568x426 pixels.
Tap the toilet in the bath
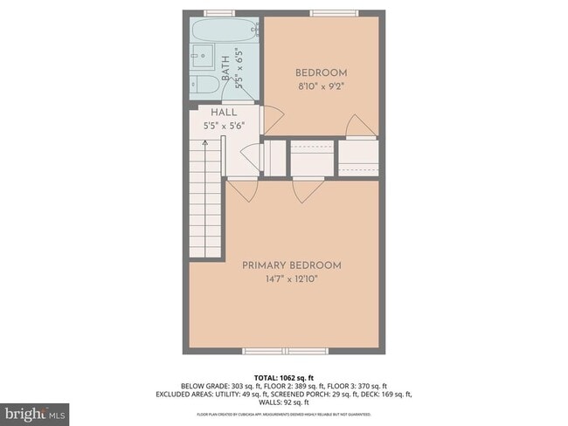[x=206, y=84]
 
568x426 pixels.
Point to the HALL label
[x=224, y=113]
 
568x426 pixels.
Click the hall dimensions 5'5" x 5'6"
[x=224, y=125]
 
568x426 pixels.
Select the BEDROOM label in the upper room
[x=321, y=72]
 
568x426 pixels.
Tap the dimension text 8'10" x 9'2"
[x=321, y=86]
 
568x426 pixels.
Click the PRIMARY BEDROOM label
[x=291, y=265]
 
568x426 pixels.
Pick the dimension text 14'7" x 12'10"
[x=291, y=279]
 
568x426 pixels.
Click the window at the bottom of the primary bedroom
[x=285, y=351]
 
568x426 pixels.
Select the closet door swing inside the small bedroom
[x=359, y=126]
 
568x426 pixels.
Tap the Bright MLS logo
[x=35, y=411]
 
